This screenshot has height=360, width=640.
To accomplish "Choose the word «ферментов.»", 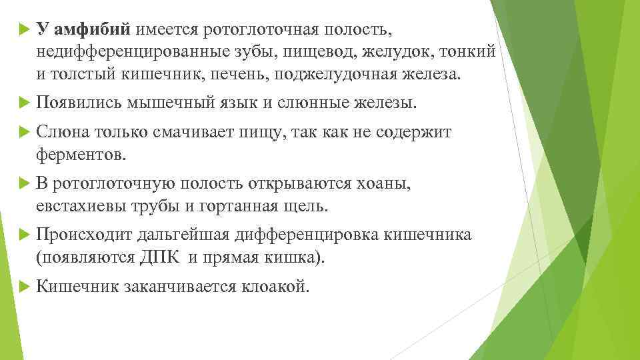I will [81, 154].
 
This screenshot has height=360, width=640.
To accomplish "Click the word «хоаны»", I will [381, 183].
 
